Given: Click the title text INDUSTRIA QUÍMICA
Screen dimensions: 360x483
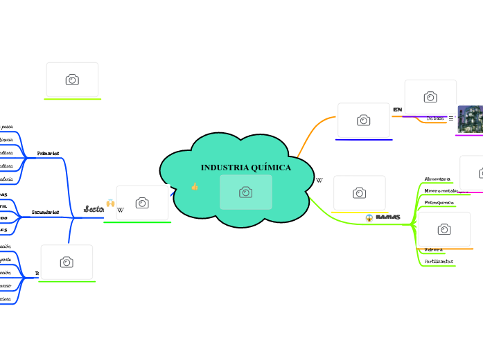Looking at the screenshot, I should pos(246,168).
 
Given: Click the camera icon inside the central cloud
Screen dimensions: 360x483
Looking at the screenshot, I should pos(246,192).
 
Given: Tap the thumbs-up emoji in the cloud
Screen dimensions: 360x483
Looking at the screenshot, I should pos(195,187).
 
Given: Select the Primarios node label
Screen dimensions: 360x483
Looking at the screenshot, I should pos(48,153).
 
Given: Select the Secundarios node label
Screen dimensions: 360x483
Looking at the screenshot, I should pos(46,212).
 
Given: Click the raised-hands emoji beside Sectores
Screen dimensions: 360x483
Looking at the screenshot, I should pos(110,203).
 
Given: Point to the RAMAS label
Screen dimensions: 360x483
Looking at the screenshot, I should pos(387,217).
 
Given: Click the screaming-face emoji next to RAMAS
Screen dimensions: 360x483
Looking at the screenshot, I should pos(369,218).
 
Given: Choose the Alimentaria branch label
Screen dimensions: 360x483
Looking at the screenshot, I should pos(437,179).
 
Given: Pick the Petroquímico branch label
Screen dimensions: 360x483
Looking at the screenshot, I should pos(439,202).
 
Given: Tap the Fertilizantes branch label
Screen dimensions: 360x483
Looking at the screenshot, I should pos(439,261).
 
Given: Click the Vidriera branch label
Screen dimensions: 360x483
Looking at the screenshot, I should pos(433,249).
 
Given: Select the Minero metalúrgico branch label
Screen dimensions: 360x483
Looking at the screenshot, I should pos(441,190).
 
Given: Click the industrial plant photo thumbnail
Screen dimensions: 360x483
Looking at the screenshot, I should pos(471,119).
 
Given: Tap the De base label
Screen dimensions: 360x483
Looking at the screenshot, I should pos(435,118).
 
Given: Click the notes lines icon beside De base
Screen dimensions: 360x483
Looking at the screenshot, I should pos(451,118).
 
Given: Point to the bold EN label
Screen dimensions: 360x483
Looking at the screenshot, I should pos(397,110).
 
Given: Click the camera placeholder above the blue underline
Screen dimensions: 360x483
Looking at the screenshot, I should pos(364,120).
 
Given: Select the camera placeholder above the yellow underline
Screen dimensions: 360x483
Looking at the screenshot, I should pos(360,193).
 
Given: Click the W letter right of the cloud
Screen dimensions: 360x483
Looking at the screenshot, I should pos(319,180).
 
